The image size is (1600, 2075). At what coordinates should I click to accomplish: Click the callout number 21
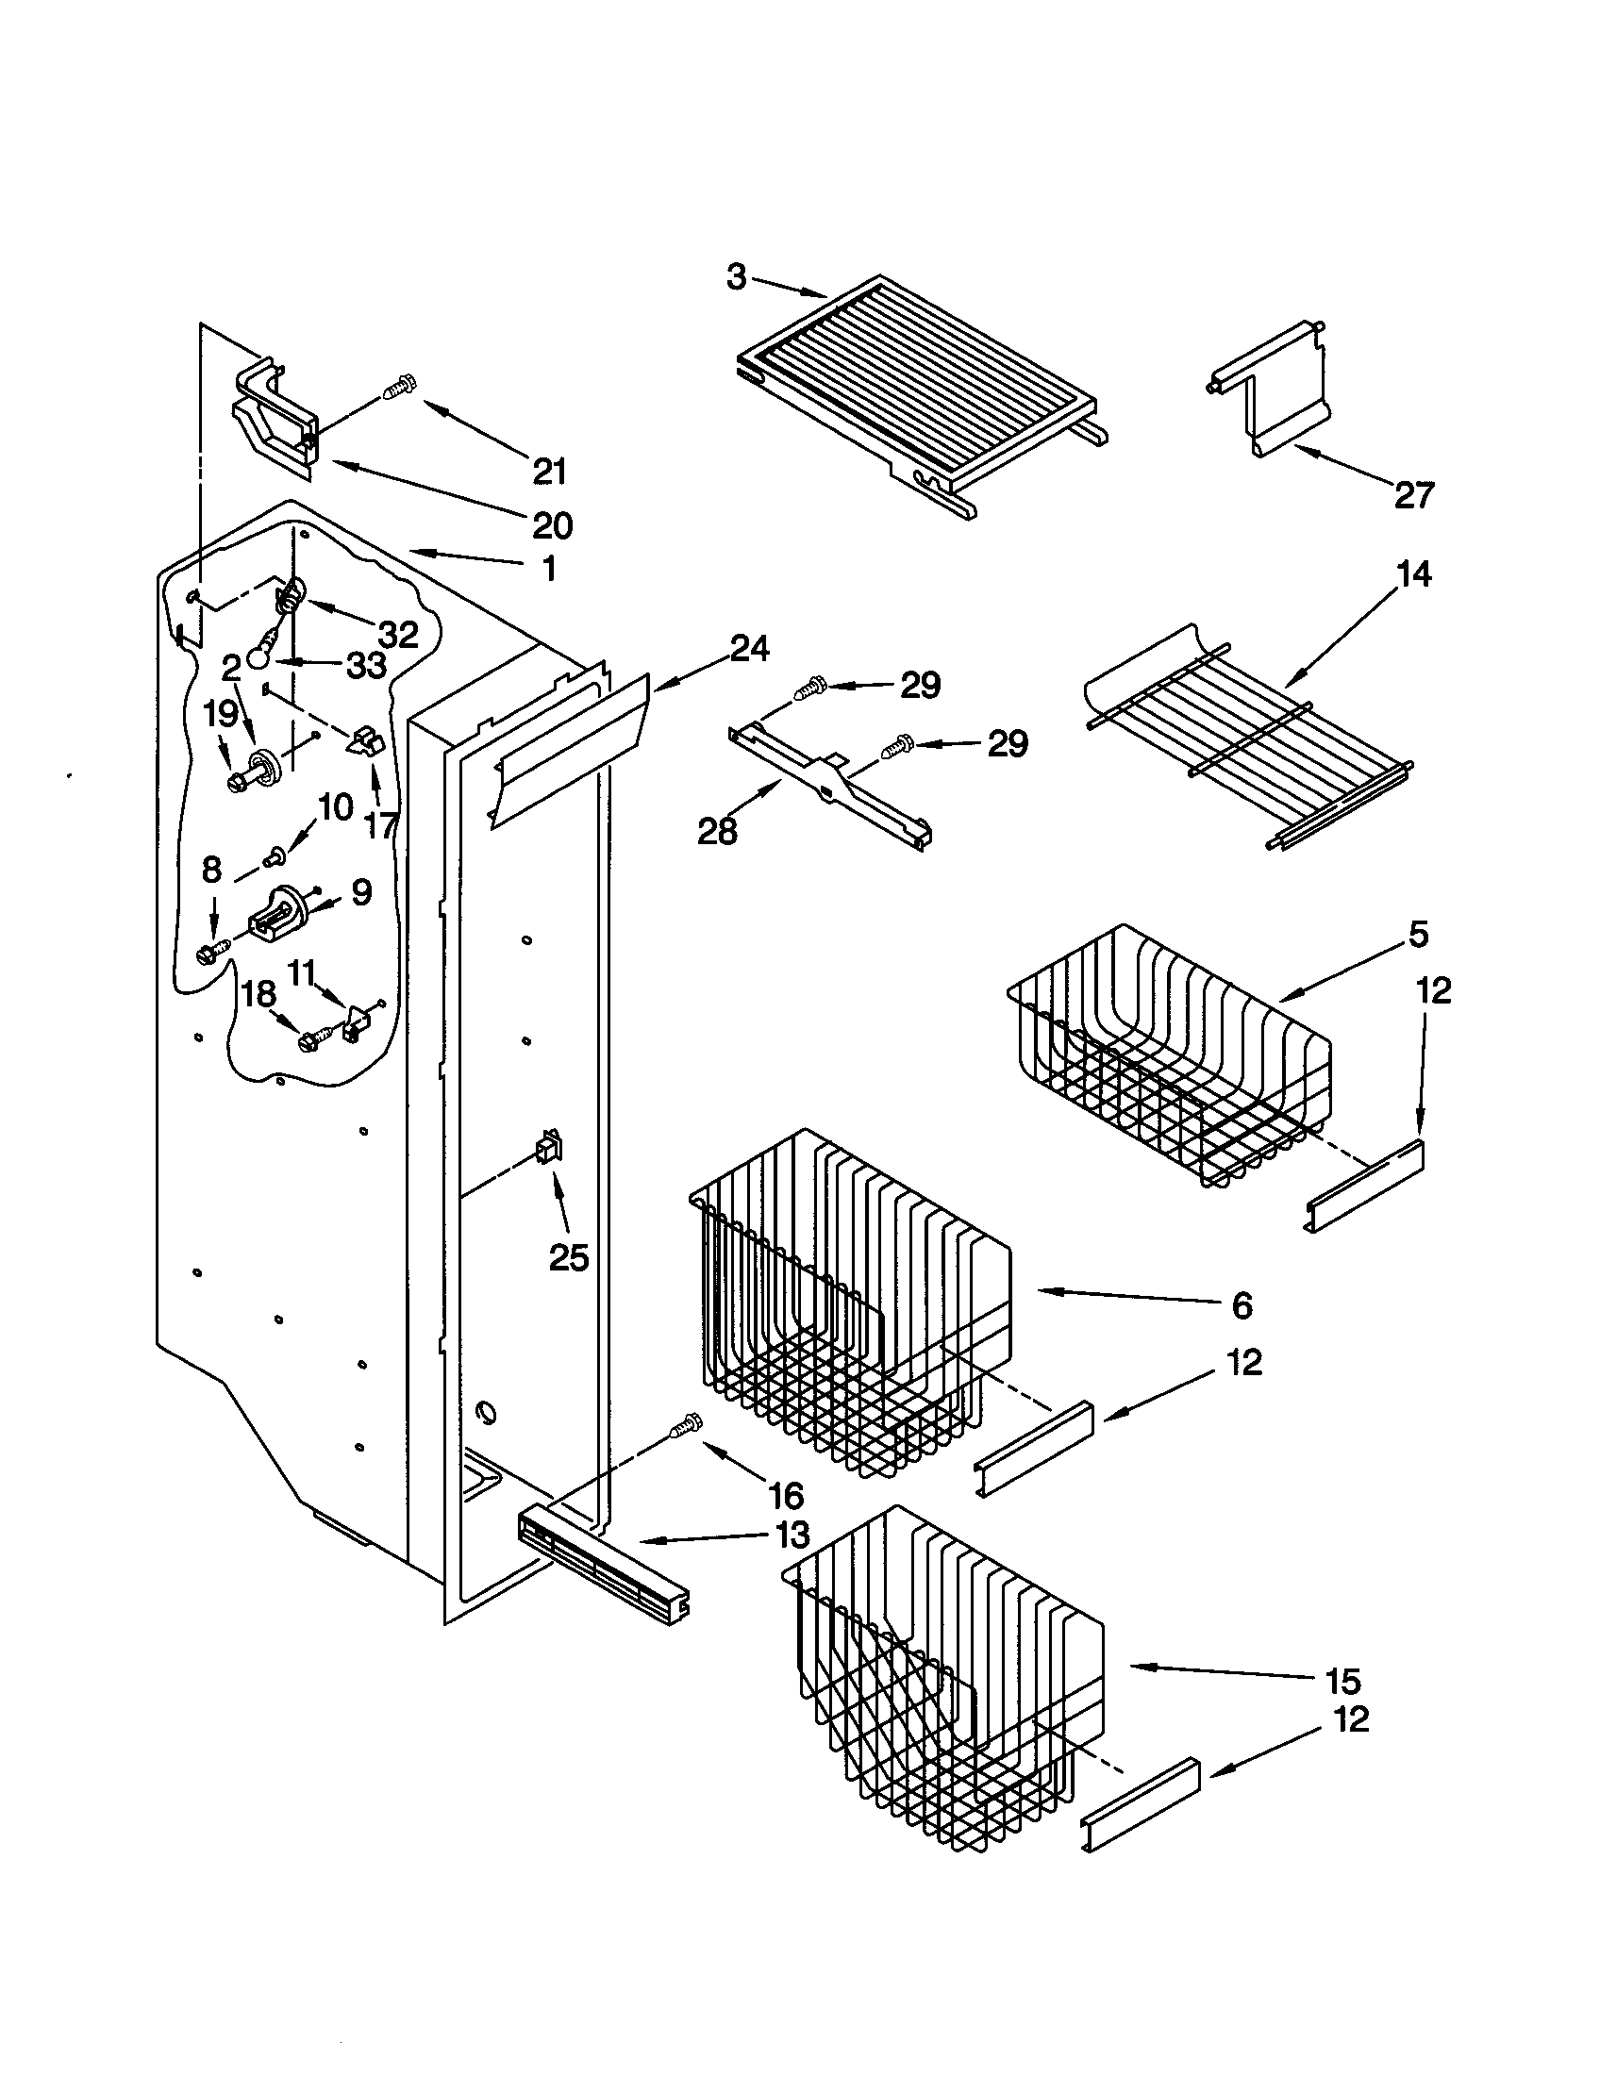click(x=550, y=472)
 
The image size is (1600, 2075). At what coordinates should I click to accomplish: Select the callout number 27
click(x=1414, y=495)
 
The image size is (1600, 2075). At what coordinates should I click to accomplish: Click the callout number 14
click(x=1414, y=573)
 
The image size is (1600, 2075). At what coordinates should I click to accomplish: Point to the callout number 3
click(x=737, y=277)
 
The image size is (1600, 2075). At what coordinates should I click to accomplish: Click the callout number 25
click(x=569, y=1258)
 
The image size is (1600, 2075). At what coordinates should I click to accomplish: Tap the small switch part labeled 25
click(x=548, y=1149)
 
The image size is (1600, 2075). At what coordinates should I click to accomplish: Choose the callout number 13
click(x=792, y=1535)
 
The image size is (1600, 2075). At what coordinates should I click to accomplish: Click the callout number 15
click(x=1342, y=1682)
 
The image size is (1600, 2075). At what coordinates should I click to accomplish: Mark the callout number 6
click(x=1242, y=1305)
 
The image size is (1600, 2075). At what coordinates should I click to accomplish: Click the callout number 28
click(x=717, y=832)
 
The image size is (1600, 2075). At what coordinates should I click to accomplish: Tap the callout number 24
click(x=750, y=648)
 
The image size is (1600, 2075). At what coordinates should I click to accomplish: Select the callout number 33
click(x=366, y=666)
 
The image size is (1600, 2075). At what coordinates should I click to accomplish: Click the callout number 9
click(x=360, y=892)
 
